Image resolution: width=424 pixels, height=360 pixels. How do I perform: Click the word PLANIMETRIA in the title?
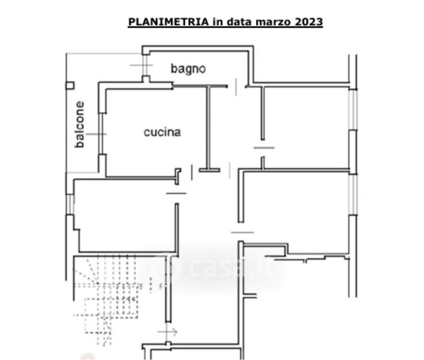click(169, 22)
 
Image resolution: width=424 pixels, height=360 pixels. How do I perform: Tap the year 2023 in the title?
click(308, 22)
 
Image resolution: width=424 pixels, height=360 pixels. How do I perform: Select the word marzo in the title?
click(273, 22)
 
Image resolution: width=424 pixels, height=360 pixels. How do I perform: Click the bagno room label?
click(188, 69)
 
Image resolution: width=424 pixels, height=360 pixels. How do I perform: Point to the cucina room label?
click(163, 132)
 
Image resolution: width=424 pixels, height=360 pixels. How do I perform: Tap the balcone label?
click(80, 124)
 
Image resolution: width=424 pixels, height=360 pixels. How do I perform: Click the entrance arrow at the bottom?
click(168, 332)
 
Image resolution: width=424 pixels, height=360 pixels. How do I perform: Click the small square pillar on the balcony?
click(70, 86)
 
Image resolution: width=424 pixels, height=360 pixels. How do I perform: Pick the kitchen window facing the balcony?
click(101, 134)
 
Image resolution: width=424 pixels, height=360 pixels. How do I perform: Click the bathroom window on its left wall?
click(146, 65)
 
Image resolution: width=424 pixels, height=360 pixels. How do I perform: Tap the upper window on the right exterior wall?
click(353, 110)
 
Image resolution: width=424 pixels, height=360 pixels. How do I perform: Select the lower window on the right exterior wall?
click(353, 195)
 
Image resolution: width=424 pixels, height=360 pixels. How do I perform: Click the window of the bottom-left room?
click(70, 204)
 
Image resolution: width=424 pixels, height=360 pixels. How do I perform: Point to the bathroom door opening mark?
click(236, 87)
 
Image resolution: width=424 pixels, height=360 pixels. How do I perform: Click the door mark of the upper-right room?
click(264, 148)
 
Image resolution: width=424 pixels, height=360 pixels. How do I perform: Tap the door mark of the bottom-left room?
click(176, 193)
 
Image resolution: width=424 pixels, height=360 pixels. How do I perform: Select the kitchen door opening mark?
click(192, 172)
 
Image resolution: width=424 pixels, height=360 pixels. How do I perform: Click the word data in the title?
click(238, 22)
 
